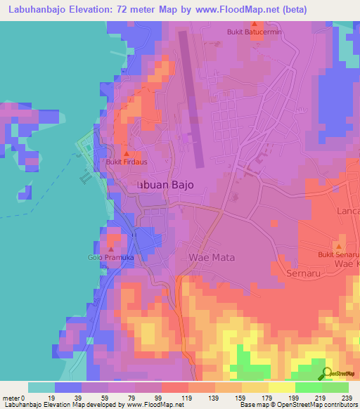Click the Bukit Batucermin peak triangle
tap(254, 23)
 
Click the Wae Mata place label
tap(212, 258)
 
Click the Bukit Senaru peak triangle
tap(339, 247)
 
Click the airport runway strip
tap(192, 98)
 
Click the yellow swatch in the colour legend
tap(282, 387)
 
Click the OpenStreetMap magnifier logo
tap(327, 373)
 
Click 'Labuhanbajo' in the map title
tap(37, 9)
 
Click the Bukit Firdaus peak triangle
tap(126, 153)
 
